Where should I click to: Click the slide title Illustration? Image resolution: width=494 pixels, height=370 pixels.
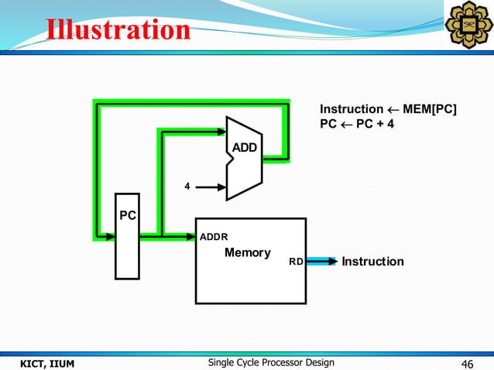tap(118, 30)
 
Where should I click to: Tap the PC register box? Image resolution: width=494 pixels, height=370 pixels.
tap(127, 235)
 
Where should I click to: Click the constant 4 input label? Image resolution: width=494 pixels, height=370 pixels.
tap(186, 187)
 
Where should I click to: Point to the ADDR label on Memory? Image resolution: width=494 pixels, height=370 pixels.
tap(214, 238)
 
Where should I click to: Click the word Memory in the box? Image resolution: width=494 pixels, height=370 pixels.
tap(247, 252)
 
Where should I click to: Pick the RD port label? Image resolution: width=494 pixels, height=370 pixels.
tap(295, 262)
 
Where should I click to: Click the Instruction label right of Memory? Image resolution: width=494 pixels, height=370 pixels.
tap(372, 262)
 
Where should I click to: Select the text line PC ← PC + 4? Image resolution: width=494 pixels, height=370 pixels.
tap(357, 125)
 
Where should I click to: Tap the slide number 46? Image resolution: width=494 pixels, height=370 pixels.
tap(467, 362)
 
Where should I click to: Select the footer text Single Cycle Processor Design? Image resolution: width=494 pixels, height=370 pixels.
tap(271, 361)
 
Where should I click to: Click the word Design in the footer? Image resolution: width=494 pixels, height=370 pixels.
tap(317, 361)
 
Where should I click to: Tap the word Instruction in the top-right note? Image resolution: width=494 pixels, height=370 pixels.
tap(352, 109)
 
